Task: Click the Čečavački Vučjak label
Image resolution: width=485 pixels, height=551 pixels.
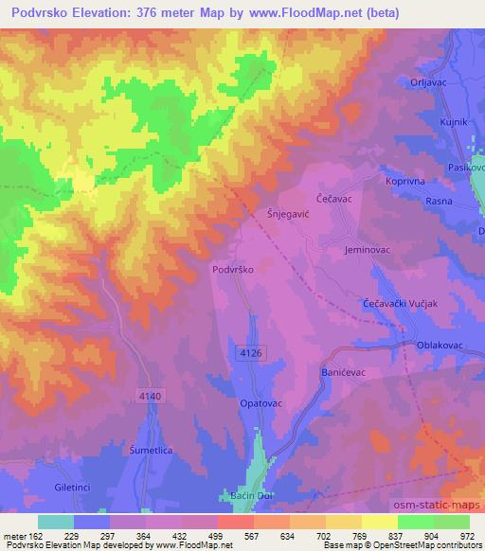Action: point(400,302)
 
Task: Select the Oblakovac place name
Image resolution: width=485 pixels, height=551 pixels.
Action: point(440,346)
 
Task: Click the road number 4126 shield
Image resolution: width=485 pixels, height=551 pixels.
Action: point(251,351)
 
